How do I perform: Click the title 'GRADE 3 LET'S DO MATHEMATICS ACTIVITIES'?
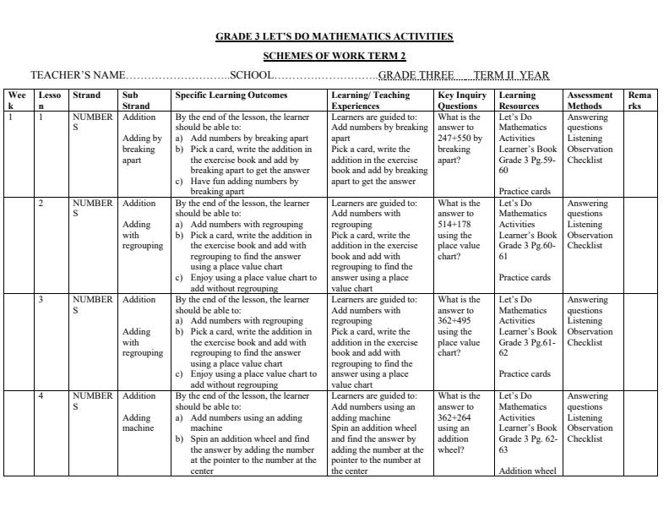pyautogui.click(x=334, y=36)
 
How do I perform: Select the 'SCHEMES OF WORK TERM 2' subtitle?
pyautogui.click(x=334, y=56)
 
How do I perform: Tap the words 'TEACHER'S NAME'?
pyautogui.click(x=78, y=75)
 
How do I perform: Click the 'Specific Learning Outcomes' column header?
pyautogui.click(x=231, y=95)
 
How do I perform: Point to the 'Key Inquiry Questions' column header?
pyautogui.click(x=462, y=101)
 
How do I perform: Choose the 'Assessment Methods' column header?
pyautogui.click(x=590, y=101)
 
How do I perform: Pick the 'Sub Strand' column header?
pyautogui.click(x=137, y=101)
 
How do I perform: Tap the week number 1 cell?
pyautogui.click(x=11, y=117)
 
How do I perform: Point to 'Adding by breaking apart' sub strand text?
pyautogui.click(x=142, y=149)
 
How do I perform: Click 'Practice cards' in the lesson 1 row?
pyautogui.click(x=525, y=191)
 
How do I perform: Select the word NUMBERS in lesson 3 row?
pyautogui.click(x=92, y=305)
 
